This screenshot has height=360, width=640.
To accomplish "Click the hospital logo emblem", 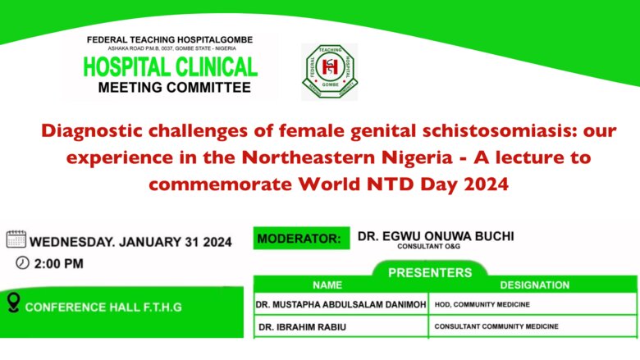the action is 330,71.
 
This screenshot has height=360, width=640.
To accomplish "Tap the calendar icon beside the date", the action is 16,239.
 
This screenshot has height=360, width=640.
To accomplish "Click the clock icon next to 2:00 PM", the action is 22,263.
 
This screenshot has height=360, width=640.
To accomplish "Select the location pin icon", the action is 13,303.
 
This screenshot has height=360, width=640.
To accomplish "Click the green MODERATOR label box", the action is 302,238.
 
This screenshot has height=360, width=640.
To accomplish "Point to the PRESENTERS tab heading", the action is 430,272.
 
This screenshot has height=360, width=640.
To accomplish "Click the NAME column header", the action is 327,285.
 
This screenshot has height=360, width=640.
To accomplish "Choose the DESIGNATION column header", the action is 535,285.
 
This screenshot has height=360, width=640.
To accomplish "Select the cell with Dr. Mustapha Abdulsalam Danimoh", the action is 341,304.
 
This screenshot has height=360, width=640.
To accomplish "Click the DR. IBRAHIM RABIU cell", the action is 341,326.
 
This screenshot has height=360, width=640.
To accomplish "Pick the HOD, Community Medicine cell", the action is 533,304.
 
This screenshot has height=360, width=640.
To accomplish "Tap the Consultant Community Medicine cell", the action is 533,326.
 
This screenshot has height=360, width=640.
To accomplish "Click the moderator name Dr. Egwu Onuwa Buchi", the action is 436,236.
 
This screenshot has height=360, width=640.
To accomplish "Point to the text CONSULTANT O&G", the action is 428,246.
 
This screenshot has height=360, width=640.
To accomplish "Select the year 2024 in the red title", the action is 486,185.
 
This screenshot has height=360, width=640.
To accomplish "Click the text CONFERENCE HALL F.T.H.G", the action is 103,307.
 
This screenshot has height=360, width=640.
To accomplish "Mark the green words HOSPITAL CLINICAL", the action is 170,67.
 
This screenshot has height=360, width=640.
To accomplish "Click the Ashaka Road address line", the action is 171,48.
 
